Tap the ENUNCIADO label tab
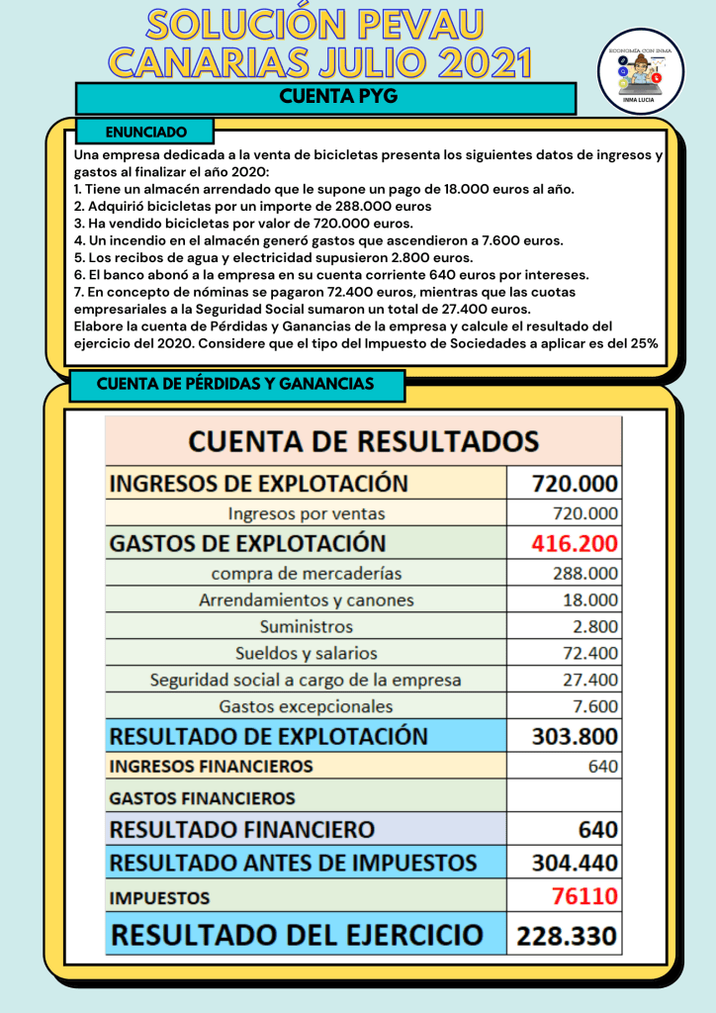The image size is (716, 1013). pos(145,131)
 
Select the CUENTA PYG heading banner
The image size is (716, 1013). pos(325,97)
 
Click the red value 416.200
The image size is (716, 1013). pos(575,543)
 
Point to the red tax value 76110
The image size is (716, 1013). pos(584,897)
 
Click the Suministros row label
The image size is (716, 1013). pos(306,627)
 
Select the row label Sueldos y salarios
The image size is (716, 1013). pos(306,654)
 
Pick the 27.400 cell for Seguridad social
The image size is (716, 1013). pos(590,681)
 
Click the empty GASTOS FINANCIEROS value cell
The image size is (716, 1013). pos(565,797)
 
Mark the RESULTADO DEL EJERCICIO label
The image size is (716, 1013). pos(297,935)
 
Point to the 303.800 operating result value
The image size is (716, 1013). pos(575,736)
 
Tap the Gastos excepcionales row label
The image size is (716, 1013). pos(306,707)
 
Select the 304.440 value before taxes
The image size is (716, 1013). pos(575,862)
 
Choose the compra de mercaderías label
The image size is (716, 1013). pos(306,574)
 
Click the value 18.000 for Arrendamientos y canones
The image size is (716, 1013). pos(590,600)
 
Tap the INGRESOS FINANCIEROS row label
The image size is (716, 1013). pos(211,767)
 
